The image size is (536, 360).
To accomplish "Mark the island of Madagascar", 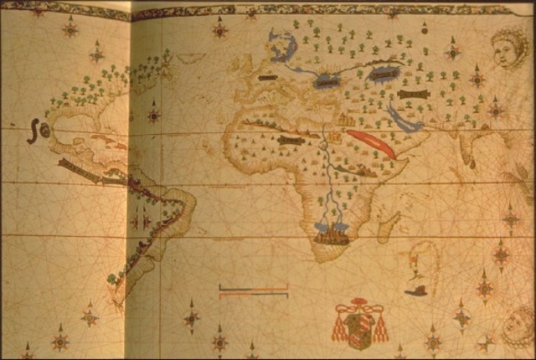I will click(x=388, y=224).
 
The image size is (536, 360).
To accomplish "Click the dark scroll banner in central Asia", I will click(x=414, y=94).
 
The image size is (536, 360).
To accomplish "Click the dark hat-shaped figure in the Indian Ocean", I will click(x=415, y=291).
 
